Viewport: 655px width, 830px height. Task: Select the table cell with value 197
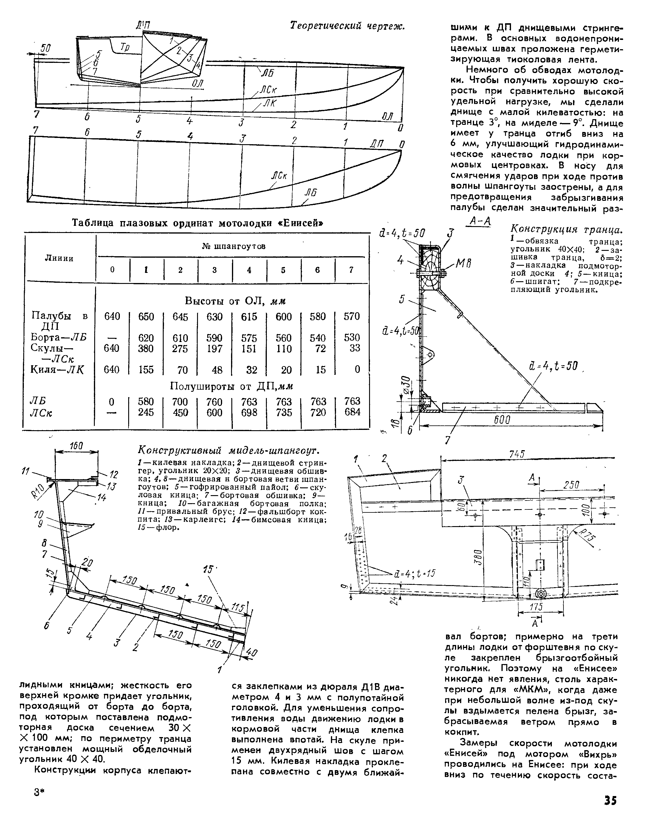click(214, 349)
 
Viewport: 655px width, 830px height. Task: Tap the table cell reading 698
click(249, 412)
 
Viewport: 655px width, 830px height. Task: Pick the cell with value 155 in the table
click(146, 370)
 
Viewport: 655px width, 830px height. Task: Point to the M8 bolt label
click(463, 264)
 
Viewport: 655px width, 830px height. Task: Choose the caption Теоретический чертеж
click(347, 26)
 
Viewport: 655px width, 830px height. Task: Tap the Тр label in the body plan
click(125, 47)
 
